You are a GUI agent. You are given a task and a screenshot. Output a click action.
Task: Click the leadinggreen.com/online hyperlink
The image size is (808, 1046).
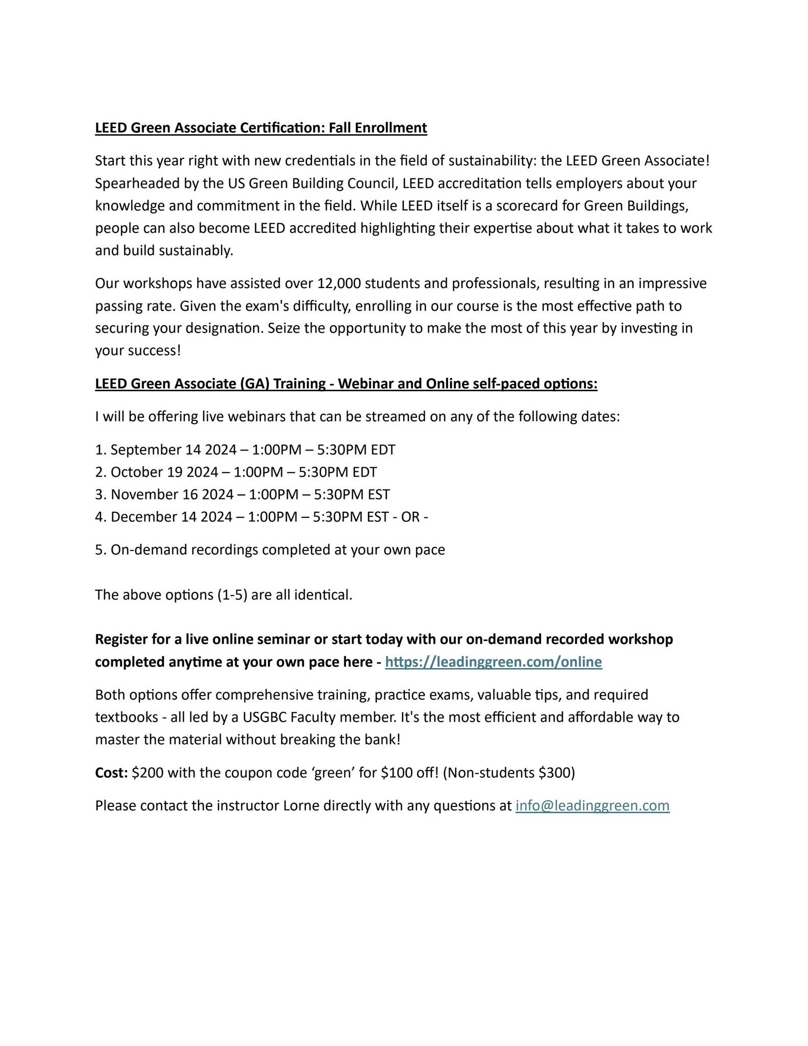coord(493,662)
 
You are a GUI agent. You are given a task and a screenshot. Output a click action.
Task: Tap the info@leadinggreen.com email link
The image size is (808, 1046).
coord(592,805)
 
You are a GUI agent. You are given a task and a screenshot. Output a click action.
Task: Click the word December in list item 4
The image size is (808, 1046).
coord(142,517)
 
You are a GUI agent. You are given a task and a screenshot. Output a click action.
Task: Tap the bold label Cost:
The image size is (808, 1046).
coord(111,773)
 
